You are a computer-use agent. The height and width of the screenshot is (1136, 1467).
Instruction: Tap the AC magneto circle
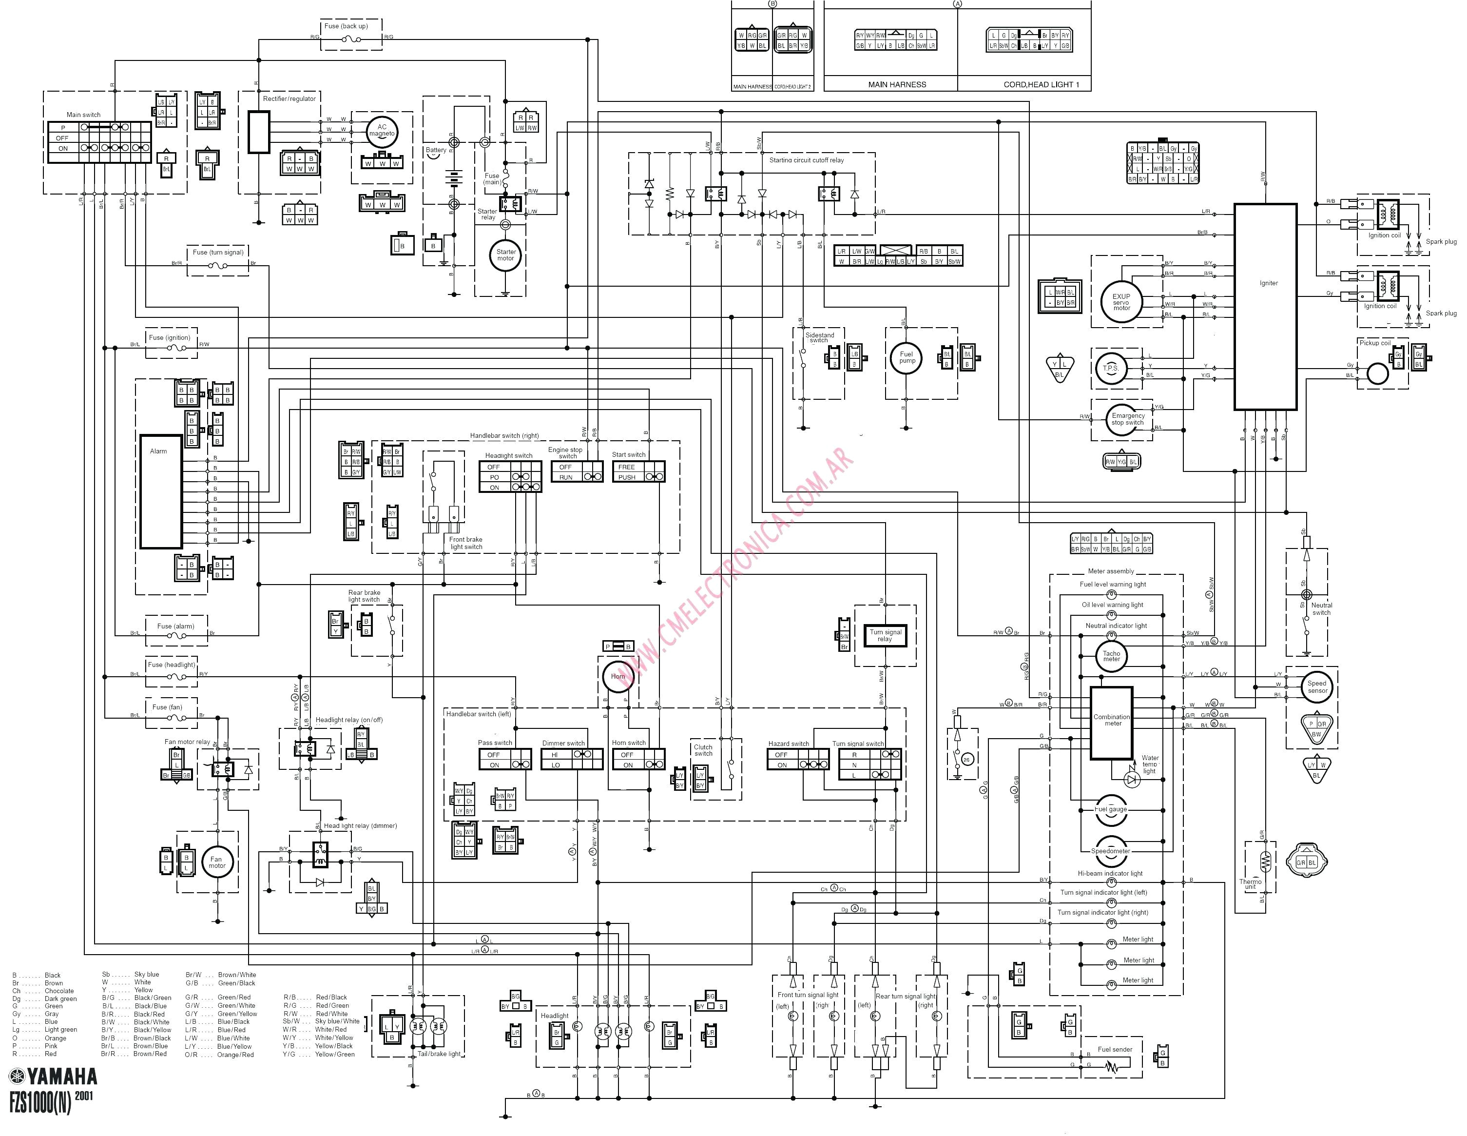(x=382, y=130)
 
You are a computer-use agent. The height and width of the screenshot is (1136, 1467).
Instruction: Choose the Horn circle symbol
(x=618, y=677)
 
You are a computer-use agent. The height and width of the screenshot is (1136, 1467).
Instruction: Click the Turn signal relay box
(x=885, y=635)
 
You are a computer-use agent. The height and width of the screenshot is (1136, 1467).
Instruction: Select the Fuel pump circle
(x=907, y=357)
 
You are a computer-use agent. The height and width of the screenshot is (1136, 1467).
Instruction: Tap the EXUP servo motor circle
(x=1121, y=302)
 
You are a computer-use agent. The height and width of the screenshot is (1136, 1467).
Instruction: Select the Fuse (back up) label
(x=346, y=26)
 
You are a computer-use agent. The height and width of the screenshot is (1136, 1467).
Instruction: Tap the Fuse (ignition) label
(x=169, y=337)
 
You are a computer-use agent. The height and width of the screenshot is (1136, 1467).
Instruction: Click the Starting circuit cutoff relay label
(x=806, y=160)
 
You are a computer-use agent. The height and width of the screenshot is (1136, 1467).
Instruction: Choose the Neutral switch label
(x=1321, y=608)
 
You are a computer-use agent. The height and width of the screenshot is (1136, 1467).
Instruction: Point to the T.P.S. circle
(x=1110, y=368)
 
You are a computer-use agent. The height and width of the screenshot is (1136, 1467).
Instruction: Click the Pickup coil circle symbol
(x=1377, y=373)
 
